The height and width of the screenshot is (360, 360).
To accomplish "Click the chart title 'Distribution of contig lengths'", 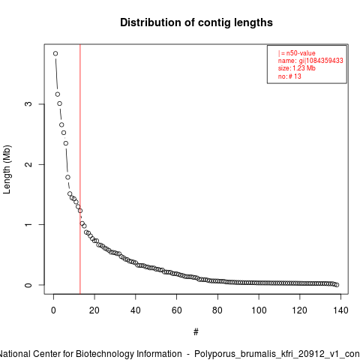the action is (x=196, y=22).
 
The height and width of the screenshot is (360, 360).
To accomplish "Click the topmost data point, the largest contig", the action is (x=55, y=53).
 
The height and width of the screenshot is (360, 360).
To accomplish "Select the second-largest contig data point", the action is (x=58, y=94).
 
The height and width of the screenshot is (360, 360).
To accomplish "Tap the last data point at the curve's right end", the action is (x=337, y=285).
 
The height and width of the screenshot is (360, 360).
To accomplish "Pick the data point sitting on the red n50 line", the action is (x=80, y=211).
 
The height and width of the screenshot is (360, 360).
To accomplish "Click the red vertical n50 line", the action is (x=80, y=169).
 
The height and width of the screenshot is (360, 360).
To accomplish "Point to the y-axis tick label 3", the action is (x=28, y=104).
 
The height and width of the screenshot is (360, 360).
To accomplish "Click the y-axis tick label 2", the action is (x=28, y=164).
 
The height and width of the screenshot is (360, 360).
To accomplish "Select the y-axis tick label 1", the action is (x=28, y=224).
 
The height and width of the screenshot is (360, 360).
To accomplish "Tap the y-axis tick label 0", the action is (x=28, y=285).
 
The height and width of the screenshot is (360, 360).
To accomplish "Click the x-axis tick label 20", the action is (x=94, y=310).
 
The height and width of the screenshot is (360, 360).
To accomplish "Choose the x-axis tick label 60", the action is (x=176, y=310).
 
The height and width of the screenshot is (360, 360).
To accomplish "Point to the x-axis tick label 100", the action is (x=259, y=310).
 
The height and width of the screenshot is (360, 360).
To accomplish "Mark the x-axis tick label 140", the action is (x=340, y=310).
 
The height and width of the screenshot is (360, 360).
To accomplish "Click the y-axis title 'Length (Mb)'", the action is (x=7, y=169).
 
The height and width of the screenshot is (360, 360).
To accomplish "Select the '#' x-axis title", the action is (x=196, y=332).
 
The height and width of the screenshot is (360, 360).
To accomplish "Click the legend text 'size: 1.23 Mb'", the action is (x=297, y=68).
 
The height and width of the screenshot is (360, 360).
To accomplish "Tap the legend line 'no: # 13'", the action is (x=289, y=76).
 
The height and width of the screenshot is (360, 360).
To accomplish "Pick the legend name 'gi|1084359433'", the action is (x=321, y=61).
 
